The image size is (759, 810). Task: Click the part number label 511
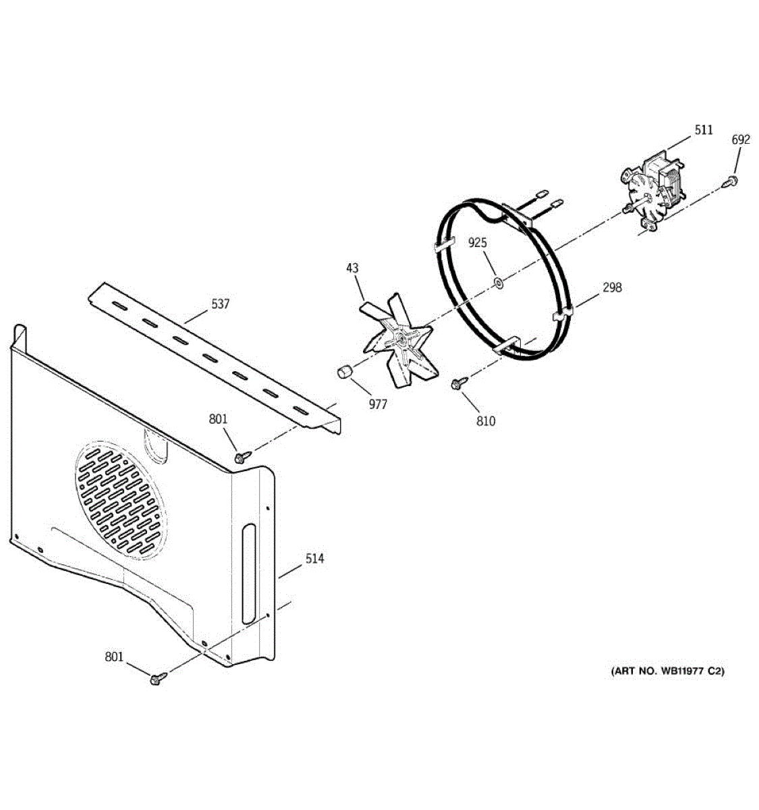pos(703,130)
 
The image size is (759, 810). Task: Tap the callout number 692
pos(740,140)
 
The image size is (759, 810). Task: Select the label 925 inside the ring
pos(478,242)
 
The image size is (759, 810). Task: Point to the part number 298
pos(613,288)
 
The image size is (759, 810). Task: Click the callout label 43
pos(353,268)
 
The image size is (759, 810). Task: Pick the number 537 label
pos(220,304)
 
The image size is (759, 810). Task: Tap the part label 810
pos(485,421)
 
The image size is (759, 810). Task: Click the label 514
pos(314,558)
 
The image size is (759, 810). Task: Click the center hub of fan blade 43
pos(402,334)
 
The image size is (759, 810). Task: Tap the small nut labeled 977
pos(344,372)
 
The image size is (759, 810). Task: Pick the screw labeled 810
pos(457,385)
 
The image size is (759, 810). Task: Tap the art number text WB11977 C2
pos(667,671)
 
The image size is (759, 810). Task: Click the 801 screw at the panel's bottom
pos(157,677)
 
